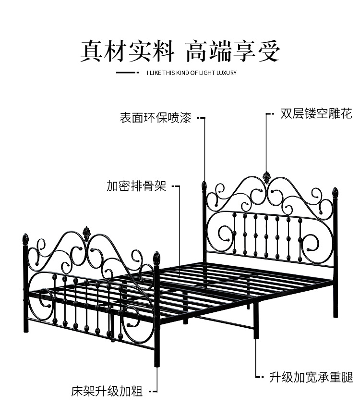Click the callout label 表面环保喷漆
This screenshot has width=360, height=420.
pos(155,118)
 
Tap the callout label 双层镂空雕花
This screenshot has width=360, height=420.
pos(316,114)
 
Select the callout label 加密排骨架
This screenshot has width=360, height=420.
pos(136,186)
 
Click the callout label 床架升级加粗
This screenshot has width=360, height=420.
pos(107,391)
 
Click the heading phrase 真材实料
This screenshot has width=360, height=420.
pos(127,51)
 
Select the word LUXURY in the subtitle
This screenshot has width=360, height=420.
pos(225,73)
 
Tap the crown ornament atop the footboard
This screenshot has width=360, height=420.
pos(87,233)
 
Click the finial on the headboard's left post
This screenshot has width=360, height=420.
pos(204,185)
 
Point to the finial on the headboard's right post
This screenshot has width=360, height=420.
pos(336,193)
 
